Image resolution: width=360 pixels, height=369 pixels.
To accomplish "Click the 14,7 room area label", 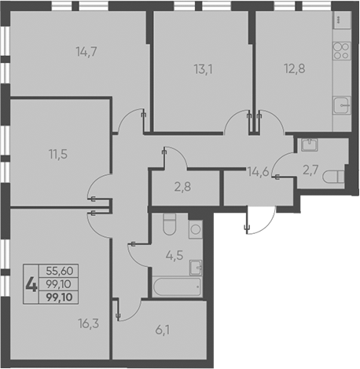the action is [86, 52].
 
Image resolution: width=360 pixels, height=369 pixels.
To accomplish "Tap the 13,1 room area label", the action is [204, 70].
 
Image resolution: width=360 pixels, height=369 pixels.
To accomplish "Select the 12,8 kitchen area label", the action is [295, 69].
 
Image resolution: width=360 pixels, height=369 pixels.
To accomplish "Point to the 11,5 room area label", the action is [58, 154].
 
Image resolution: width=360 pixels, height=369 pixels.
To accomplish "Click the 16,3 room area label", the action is [89, 323].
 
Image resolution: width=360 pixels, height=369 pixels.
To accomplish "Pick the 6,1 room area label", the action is [163, 331].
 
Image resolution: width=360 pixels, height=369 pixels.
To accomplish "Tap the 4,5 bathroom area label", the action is [174, 255].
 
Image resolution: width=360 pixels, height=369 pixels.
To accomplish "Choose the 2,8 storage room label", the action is [182, 187].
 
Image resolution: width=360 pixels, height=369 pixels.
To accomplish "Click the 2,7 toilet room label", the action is [310, 170].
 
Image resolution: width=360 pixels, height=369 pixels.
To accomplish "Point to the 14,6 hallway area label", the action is [259, 172].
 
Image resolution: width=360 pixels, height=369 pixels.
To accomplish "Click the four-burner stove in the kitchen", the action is [342, 51].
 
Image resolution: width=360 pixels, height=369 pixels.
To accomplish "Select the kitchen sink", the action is [342, 105].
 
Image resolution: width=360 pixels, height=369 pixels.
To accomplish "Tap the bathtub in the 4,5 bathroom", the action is [177, 287].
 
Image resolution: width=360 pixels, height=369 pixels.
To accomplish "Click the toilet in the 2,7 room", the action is [333, 177].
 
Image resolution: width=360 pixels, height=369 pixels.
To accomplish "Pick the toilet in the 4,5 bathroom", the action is [169, 224].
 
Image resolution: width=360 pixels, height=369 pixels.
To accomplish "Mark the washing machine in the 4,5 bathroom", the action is [196, 229].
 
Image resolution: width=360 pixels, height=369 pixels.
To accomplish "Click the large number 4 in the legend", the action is [31, 285].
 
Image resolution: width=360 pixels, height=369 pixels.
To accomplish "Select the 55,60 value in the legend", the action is [60, 271].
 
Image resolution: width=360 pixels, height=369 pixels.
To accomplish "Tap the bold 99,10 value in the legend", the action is [59, 298].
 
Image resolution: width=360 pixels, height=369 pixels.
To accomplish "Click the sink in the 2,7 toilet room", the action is [310, 144].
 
